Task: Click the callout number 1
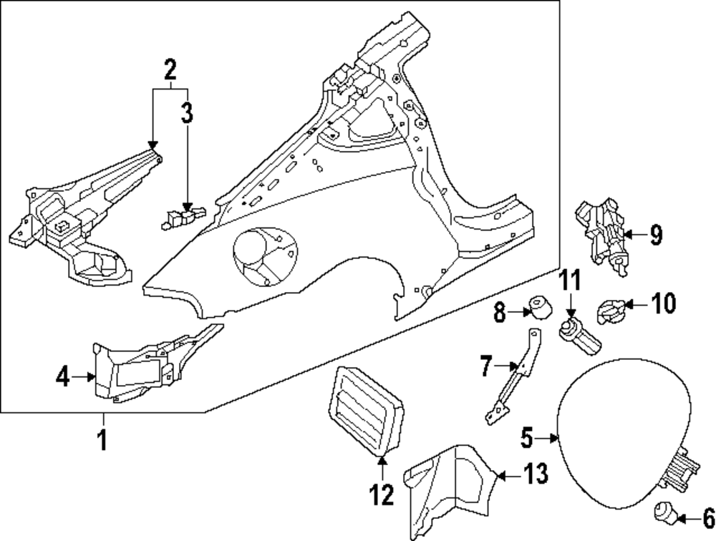pyautogui.click(x=102, y=439)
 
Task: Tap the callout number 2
pyautogui.click(x=170, y=70)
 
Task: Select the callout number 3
pyautogui.click(x=186, y=113)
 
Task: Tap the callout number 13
pyautogui.click(x=536, y=473)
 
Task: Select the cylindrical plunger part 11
pyautogui.click(x=579, y=337)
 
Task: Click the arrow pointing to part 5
pyautogui.click(x=554, y=437)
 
